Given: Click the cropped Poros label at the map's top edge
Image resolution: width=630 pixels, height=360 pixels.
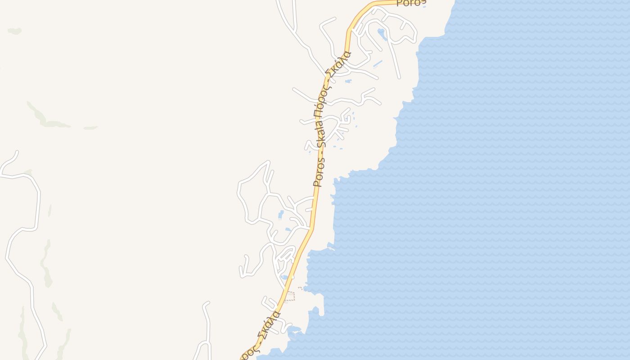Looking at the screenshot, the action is click(x=410, y=3).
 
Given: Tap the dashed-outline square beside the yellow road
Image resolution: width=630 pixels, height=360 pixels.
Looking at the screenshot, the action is click(x=290, y=296).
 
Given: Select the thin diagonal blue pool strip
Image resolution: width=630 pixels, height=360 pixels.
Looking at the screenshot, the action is click(x=377, y=64).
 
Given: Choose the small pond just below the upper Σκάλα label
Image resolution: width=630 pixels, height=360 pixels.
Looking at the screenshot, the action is click(x=348, y=81).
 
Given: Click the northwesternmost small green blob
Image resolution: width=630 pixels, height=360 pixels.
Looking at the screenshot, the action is click(x=14, y=31).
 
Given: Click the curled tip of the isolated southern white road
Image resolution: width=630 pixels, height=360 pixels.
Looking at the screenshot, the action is click(x=207, y=304).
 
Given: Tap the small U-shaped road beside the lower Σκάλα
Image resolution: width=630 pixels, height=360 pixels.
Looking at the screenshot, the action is click(x=269, y=302).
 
